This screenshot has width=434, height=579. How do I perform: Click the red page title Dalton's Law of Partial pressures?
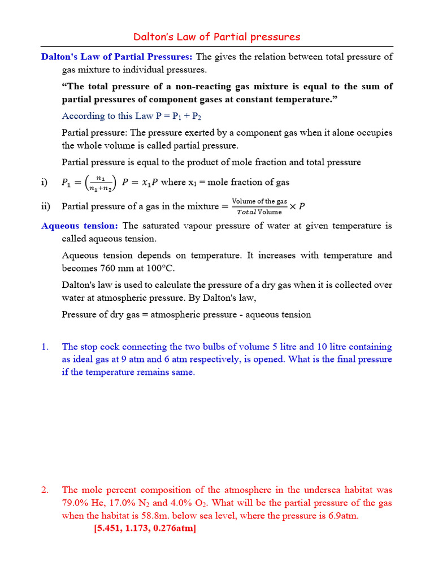pos(217,37)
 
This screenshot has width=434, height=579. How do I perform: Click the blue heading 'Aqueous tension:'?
pos(80,226)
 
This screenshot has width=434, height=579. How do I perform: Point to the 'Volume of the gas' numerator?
pos(260,201)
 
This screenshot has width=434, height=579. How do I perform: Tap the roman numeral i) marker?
pos(45,182)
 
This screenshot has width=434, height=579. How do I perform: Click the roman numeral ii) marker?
pos(46,206)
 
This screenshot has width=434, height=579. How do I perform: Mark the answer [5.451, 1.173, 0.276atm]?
pos(145,529)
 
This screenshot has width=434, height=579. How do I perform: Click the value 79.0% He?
pos(83,503)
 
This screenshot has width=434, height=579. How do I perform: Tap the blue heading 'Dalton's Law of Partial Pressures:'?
pos(117,57)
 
